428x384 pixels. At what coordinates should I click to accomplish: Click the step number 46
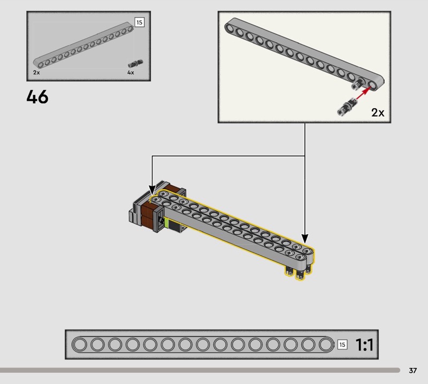click(37, 97)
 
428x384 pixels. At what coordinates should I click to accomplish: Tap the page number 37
click(412, 370)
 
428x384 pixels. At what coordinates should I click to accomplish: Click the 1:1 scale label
click(364, 344)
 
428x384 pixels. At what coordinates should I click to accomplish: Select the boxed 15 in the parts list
click(139, 22)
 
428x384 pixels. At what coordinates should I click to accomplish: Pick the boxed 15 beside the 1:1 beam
click(342, 345)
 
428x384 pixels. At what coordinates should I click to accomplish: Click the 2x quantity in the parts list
click(36, 73)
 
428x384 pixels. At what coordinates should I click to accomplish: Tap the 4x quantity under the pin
click(131, 73)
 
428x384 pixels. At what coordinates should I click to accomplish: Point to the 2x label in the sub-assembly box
click(378, 112)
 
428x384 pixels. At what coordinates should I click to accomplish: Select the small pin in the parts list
click(135, 64)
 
